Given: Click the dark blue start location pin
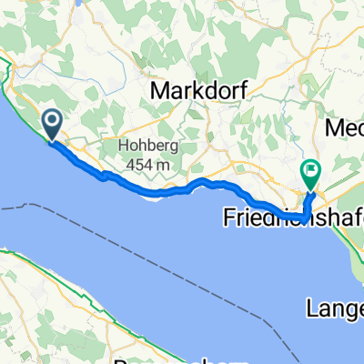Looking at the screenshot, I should coord(51,124).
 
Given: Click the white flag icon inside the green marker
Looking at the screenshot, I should coord(311,168).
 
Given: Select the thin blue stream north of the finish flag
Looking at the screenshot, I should coord(316,136).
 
